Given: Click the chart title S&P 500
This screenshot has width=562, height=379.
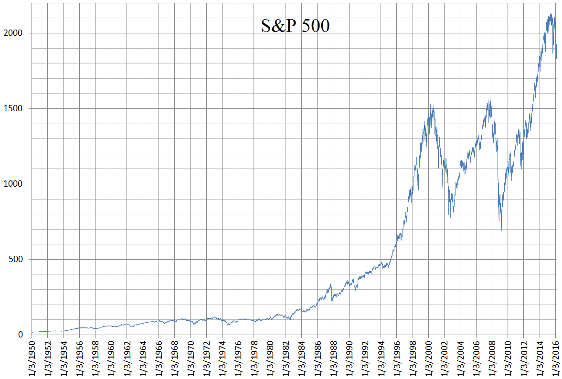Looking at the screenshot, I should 295,26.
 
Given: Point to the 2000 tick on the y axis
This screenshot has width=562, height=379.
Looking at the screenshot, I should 15,33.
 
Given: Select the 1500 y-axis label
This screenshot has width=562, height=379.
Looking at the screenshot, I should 15,109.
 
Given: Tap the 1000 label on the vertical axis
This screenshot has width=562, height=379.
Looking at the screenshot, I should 15,184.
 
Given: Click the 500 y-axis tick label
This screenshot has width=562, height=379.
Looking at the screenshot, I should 17,260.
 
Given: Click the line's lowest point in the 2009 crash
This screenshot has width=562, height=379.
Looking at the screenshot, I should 501,232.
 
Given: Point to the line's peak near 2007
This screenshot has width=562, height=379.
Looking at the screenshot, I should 490,99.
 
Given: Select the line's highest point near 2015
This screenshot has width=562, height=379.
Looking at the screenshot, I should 551,14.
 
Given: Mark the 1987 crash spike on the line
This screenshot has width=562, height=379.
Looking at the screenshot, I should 331,284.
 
